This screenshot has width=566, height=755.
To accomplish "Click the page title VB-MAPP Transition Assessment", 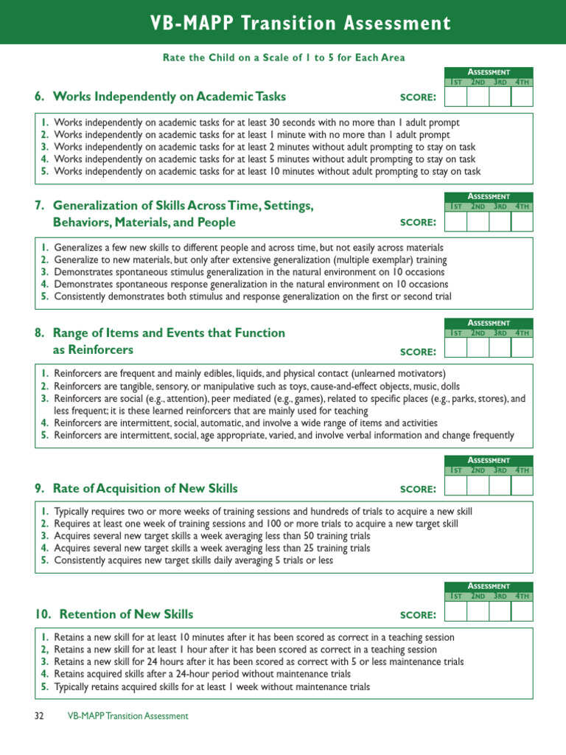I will pos(283,24).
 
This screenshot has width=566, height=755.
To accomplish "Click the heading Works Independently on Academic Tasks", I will pos(160,97).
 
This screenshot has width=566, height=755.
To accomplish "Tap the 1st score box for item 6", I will pos(456,97).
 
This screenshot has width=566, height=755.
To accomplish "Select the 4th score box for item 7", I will pos(522,221).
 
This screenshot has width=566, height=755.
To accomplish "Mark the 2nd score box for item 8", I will pos(478,347).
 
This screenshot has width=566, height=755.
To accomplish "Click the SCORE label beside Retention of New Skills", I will pos(418,615).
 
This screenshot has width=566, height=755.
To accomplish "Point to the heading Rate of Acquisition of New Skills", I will pos(136,488).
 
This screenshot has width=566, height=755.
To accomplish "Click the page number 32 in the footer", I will pos(40,716).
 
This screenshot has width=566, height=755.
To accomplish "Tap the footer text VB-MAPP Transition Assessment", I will pos(127,716).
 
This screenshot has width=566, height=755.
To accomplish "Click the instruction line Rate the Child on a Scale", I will pos(283,58).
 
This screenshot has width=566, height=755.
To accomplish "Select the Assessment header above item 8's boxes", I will pos(489,323).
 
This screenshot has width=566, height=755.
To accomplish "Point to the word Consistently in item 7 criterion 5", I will pos(80,296).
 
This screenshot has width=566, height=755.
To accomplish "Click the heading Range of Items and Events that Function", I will pos(159,333).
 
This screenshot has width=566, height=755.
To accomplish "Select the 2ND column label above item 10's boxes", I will pos(478,596).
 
